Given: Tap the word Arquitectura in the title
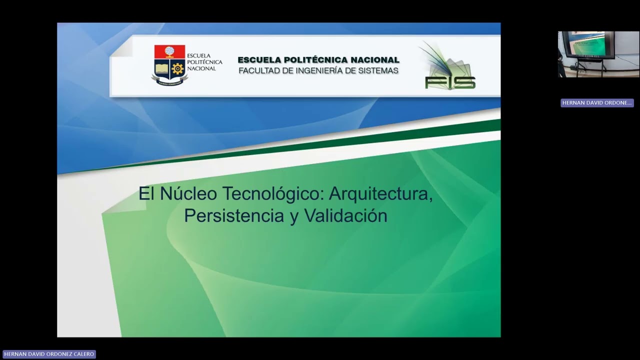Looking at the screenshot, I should (x=381, y=193).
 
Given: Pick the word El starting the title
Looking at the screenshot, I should (x=146, y=193).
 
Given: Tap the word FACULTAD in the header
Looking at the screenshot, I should (x=259, y=71).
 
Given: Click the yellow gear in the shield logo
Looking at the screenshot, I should (x=177, y=68).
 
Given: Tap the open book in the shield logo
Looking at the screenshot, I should (x=161, y=68).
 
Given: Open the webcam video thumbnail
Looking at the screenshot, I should (x=598, y=54).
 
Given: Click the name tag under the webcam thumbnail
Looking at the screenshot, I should (x=596, y=103).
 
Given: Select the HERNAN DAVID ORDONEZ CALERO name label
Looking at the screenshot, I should (x=48, y=354).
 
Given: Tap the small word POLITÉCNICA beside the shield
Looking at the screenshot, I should (x=204, y=62).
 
